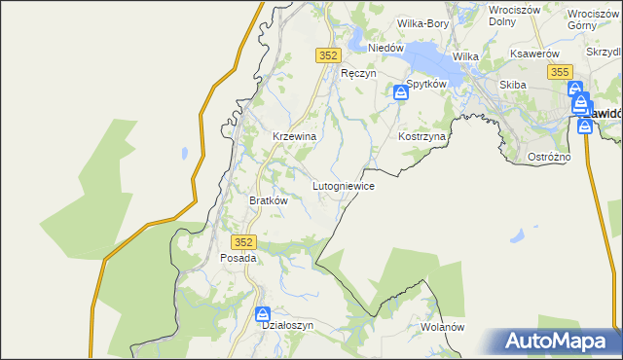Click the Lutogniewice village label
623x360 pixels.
tap(343, 185)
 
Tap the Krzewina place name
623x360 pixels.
tap(294, 137)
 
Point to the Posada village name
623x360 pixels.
tap(238, 259)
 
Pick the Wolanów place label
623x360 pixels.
tap(443, 328)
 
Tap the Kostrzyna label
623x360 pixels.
tap(421, 137)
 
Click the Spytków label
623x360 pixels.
tap(425, 85)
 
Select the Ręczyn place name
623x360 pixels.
tap(357, 73)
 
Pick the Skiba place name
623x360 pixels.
tap(512, 85)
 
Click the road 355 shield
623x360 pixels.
tap(559, 72)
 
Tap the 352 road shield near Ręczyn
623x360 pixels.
tap(328, 56)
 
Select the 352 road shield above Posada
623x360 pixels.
tap(244, 241)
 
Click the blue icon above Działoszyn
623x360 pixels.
tap(262, 313)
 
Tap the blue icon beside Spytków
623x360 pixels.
tap(400, 92)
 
